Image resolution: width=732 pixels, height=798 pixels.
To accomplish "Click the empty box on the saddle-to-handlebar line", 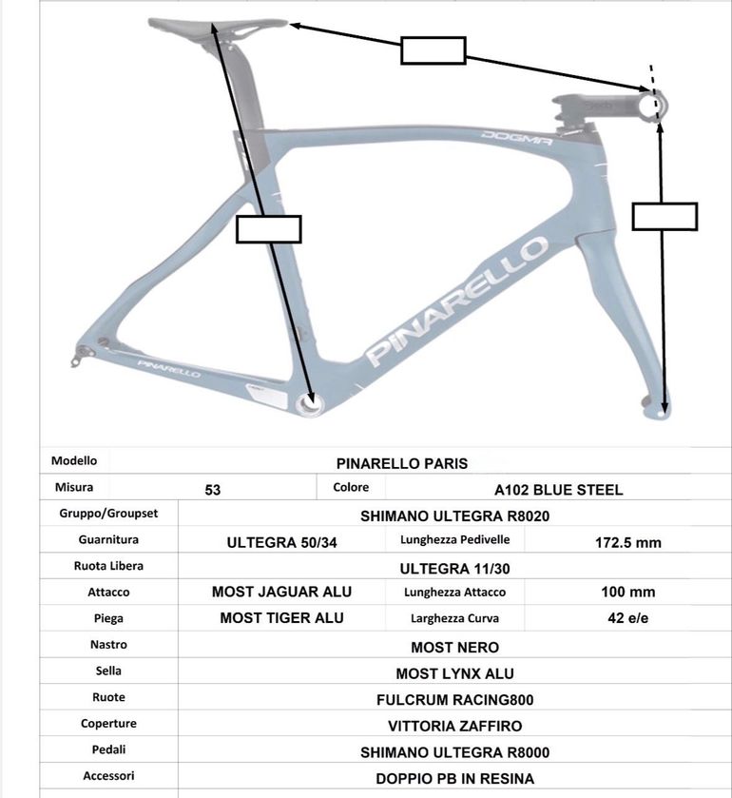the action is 433,50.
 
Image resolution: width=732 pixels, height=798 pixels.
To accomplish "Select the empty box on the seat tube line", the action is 269,229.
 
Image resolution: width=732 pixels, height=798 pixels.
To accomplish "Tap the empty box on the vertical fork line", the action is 665,216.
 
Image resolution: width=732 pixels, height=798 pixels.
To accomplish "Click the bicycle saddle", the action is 218,26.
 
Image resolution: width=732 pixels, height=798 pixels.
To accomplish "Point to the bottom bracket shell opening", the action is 309,404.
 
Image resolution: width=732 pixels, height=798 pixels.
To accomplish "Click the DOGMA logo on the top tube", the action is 517,137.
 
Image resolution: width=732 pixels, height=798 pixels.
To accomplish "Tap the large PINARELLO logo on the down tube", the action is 457,302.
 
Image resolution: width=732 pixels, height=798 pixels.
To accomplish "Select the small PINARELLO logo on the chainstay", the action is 169,369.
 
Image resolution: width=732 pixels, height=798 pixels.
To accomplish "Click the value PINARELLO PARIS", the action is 402,463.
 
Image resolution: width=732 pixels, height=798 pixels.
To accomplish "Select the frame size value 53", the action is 213,490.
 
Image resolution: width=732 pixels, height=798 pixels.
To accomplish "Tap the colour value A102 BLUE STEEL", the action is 559,490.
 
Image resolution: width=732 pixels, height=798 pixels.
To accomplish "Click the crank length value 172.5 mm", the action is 628,542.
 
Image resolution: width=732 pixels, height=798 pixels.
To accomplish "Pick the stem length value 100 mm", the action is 628,592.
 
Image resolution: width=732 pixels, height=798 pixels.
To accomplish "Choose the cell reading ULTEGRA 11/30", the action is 454,569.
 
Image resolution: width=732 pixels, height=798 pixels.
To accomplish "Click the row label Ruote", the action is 108,697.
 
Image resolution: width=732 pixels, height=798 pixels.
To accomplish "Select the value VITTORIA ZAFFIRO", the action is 454,727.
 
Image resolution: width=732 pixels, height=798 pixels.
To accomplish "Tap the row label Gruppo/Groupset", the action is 108,514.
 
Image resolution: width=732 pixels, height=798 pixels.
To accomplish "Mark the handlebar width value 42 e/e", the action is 628,618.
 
